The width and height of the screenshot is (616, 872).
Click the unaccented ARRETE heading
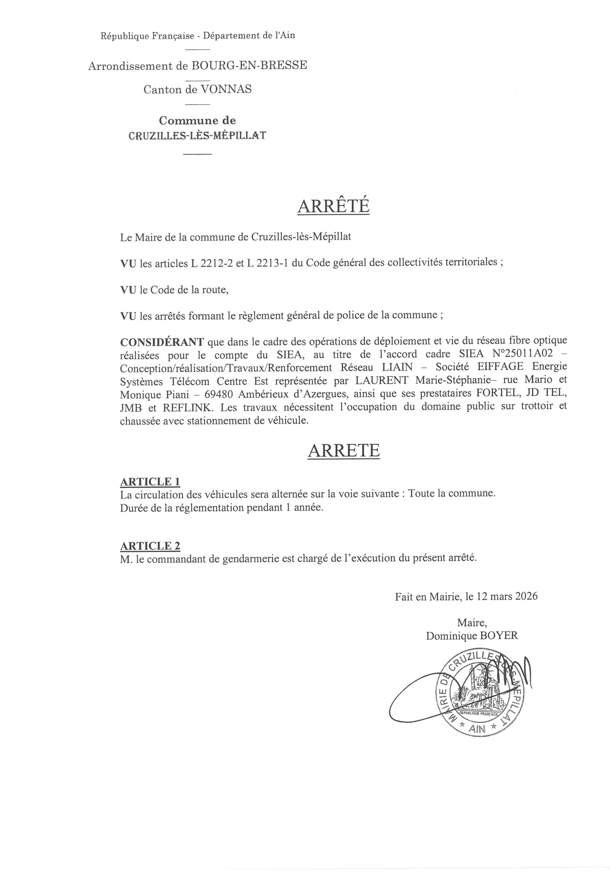[x=343, y=450]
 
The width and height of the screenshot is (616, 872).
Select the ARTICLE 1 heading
[x=150, y=482]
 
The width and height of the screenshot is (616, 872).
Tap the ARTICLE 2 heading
[x=150, y=546]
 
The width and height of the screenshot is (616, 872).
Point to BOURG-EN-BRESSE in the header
[x=249, y=65]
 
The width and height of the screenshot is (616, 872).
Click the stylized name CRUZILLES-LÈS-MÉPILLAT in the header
[x=197, y=136]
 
